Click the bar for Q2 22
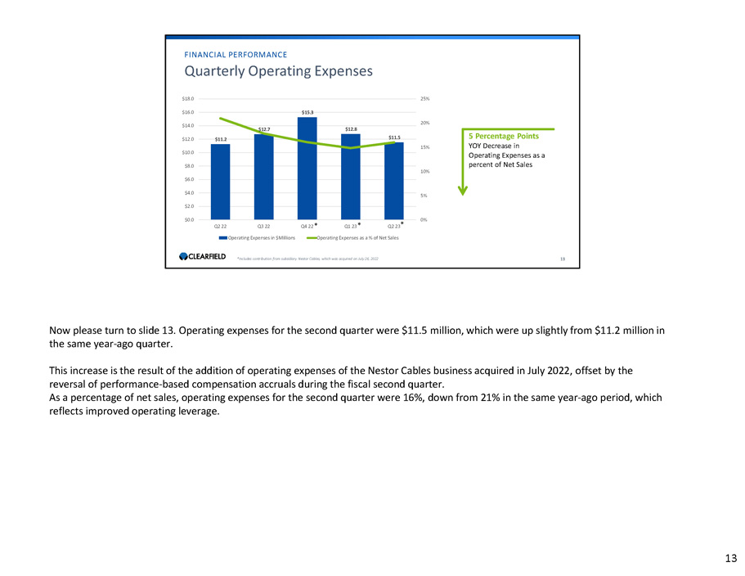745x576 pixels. coord(220,182)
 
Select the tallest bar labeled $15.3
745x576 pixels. coord(307,168)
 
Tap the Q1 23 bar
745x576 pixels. coord(351,176)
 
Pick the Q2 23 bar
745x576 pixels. coord(394,181)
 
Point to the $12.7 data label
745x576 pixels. coord(264,129)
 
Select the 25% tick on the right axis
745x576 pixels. coord(424,98)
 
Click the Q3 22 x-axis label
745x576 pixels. coord(264,226)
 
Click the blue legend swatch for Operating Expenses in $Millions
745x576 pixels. coord(222,237)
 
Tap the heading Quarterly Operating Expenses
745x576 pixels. coord(279,71)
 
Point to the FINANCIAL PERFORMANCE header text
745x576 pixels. coord(236,55)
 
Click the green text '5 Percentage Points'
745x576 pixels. coord(504,137)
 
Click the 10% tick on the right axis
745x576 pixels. coord(424,171)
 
